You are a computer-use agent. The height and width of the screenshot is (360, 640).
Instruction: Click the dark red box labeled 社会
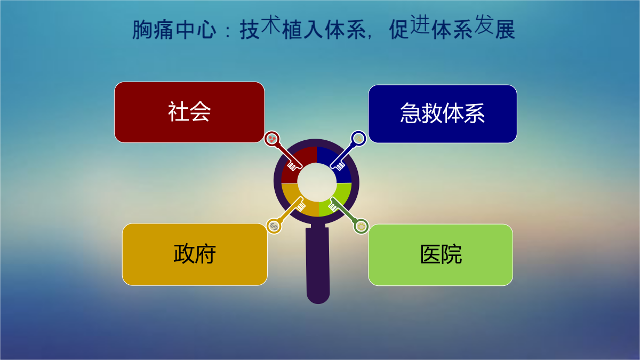[x=189, y=113]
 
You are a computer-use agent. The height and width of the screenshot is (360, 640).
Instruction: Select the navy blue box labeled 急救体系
[x=443, y=114]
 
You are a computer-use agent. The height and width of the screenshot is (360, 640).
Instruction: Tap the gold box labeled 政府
[x=195, y=254]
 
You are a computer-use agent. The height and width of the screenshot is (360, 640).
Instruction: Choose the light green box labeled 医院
[x=441, y=255]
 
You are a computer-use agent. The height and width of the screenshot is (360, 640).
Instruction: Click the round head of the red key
[x=271, y=139]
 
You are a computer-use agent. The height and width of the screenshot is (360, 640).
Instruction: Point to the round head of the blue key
[x=358, y=139]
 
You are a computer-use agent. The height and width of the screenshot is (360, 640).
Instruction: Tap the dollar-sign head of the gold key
[x=274, y=226]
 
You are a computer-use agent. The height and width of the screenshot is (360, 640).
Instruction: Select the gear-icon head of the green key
[x=361, y=227]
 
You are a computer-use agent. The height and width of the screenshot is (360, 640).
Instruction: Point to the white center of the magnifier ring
[x=317, y=182]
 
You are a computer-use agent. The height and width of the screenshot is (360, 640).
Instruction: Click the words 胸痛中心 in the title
[x=174, y=29]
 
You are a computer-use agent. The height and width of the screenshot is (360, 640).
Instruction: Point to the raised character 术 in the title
[x=270, y=24]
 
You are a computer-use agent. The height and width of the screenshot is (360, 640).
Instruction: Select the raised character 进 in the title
[x=420, y=24]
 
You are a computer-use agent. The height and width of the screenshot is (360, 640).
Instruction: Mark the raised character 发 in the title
[x=484, y=24]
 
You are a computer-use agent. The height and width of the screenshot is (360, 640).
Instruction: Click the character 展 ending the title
[x=505, y=29]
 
